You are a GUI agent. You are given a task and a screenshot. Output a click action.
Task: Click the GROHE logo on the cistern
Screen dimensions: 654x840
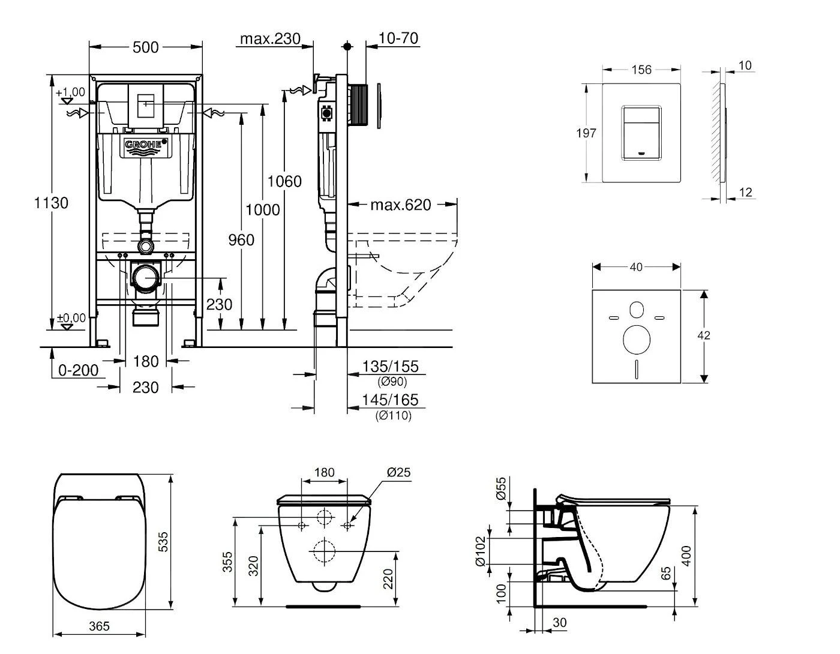pos(145,145)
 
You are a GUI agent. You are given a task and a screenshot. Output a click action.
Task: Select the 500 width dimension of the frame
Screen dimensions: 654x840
pos(145,47)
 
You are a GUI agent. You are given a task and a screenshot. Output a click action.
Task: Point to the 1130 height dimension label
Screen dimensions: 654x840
pos(51,203)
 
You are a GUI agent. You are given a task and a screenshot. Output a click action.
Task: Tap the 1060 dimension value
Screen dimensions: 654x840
pos(284,181)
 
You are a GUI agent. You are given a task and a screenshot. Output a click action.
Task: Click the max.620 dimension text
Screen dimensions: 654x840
pos(400,205)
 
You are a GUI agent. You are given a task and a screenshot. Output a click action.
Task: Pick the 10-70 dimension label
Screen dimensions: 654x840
pos(398,39)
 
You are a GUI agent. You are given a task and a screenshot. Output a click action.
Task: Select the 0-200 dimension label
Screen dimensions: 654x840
pos(79,370)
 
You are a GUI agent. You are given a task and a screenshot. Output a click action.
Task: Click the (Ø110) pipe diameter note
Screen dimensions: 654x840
pos(394,415)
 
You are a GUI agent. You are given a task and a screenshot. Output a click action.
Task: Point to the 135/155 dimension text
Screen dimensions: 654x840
pos(390,367)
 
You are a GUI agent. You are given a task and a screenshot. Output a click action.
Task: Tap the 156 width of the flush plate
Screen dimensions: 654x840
pos(641,70)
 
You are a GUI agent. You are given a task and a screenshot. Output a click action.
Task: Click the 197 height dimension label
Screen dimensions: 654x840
pos(586,133)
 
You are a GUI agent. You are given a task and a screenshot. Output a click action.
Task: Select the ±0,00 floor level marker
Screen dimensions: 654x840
pos(71,318)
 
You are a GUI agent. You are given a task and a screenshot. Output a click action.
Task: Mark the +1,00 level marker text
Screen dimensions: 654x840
pos(70,92)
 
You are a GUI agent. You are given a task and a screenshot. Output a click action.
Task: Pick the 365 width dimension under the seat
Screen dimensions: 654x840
pos(99,626)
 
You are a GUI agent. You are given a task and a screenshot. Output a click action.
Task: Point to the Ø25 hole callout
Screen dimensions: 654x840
pos(398,473)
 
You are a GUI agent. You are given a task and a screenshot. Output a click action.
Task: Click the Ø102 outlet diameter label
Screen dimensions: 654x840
pos(480,551)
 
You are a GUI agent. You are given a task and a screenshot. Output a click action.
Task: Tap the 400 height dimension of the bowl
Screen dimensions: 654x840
pos(688,554)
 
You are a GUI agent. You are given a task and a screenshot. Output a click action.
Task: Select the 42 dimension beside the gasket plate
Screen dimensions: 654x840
pos(704,335)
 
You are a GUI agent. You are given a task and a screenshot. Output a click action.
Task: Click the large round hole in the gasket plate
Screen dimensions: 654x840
pos(637,339)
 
